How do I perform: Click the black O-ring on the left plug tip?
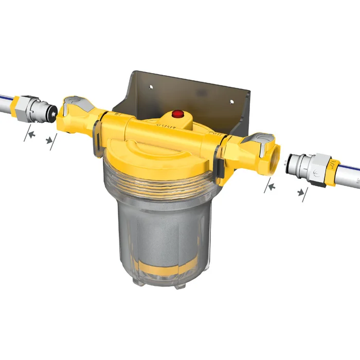point(53,110)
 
